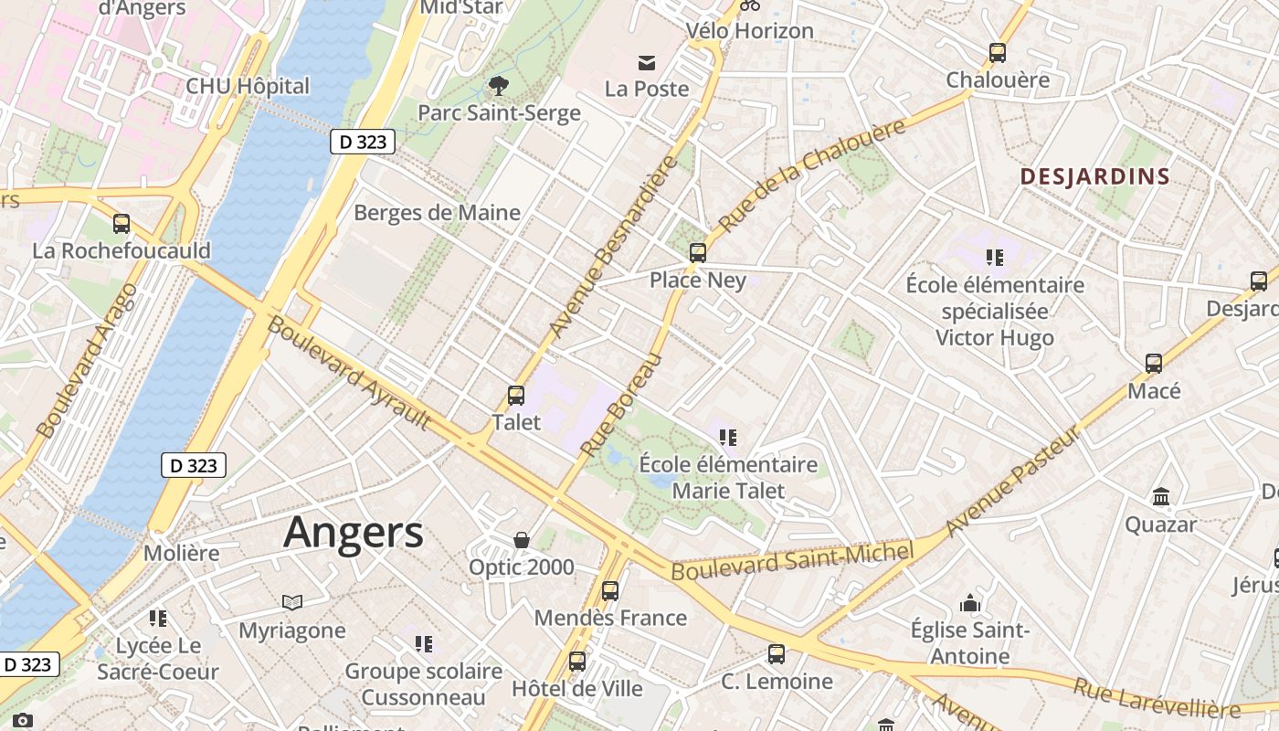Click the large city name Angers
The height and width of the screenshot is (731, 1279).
point(353,532)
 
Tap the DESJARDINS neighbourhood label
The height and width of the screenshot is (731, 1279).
point(1094,176)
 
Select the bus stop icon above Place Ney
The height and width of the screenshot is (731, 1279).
point(698,253)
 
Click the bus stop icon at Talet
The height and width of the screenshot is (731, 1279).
point(516,396)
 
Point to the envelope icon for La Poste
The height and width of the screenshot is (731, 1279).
point(647,63)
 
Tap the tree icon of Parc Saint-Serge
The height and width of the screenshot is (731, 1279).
point(499,86)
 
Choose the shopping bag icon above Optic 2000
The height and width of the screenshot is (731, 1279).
point(522,540)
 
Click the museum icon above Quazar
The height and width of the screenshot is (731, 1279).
point(1161,497)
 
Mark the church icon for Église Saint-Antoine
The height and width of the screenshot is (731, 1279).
point(970,603)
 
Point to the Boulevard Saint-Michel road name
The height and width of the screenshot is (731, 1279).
point(792,560)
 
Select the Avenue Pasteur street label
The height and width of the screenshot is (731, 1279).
point(1012,482)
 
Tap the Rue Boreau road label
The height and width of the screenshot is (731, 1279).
point(620,406)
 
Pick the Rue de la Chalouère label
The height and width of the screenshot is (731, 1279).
point(812,175)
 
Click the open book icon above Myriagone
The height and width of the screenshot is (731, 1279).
point(292,602)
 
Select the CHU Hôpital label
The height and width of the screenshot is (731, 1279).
point(248,87)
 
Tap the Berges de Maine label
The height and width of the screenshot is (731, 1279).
point(437,213)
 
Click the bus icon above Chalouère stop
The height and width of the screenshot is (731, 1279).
point(998,53)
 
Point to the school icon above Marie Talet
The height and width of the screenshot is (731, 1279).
point(728,438)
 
